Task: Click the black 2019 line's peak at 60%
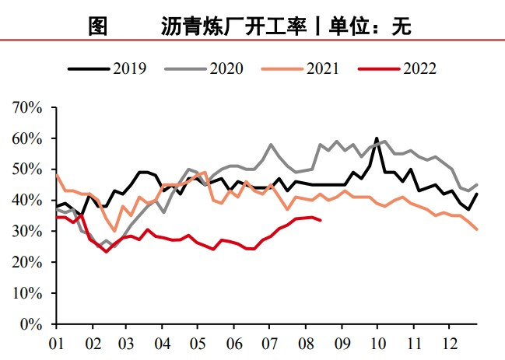coord(377,138)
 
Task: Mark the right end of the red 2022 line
coord(321,220)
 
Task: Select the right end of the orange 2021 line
coord(477,229)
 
